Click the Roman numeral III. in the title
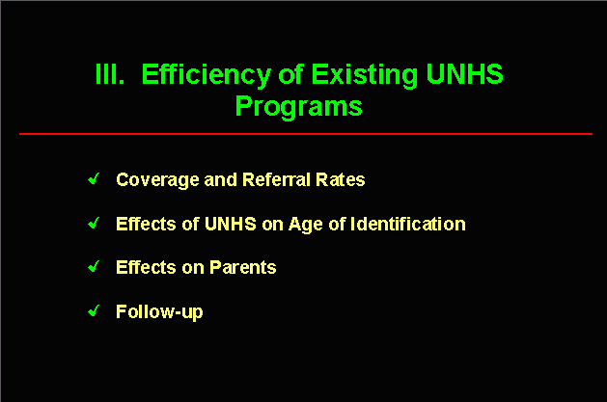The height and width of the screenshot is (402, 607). (x=110, y=74)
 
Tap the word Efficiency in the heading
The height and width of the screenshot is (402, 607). (x=206, y=76)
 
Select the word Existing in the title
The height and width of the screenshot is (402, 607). (x=364, y=75)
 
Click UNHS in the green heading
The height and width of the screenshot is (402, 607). (x=464, y=74)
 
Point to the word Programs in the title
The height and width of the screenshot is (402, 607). (x=299, y=107)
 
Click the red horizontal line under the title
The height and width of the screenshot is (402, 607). (x=306, y=134)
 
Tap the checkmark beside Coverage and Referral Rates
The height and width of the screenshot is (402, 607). (x=94, y=178)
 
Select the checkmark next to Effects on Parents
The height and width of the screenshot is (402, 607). (x=94, y=266)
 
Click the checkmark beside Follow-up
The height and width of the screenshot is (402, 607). (x=94, y=310)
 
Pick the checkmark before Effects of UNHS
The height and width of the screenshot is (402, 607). (x=94, y=223)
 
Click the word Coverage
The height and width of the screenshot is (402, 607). (x=157, y=180)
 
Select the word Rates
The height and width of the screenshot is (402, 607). (x=341, y=179)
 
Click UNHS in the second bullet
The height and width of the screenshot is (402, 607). (x=231, y=224)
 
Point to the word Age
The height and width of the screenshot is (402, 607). (x=306, y=225)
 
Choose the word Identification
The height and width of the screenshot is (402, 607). (x=408, y=224)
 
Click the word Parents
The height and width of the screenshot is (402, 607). (x=243, y=267)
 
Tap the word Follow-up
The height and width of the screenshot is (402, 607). (x=159, y=312)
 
